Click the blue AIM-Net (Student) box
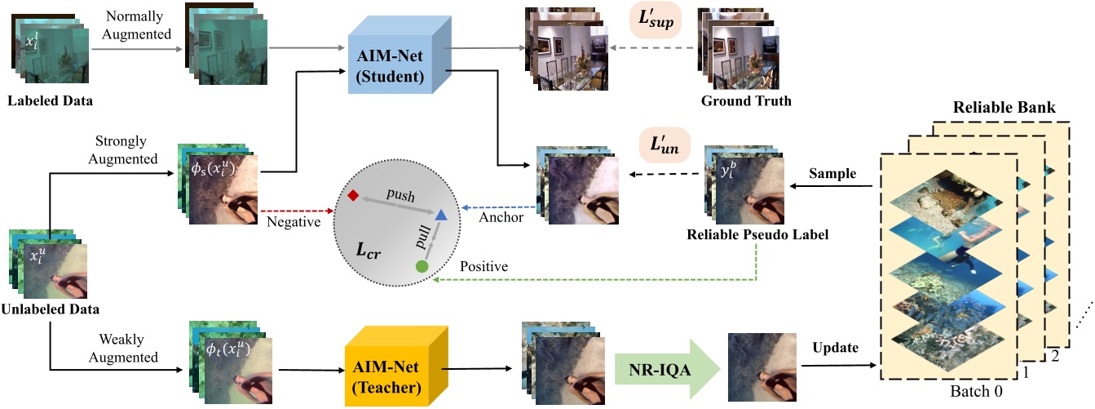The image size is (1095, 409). point(390,61)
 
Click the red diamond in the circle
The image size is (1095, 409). point(352,196)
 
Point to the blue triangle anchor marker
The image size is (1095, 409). point(440,215)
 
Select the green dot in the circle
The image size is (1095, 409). point(422,266)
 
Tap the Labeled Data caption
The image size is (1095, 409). point(51,101)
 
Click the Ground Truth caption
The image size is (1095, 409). point(746,101)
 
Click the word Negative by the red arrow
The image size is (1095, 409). point(293,220)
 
